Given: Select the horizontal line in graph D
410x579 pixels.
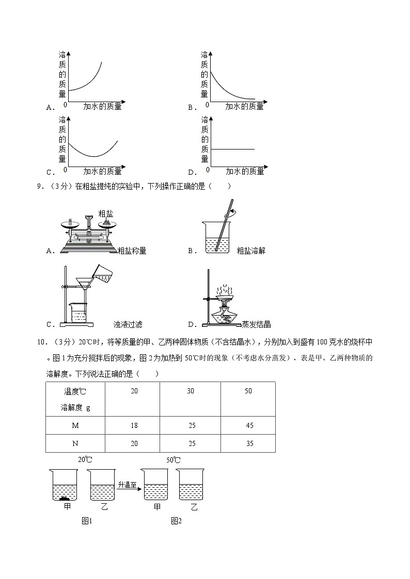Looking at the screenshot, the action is [232, 149].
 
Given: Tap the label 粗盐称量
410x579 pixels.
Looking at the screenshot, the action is [132, 251].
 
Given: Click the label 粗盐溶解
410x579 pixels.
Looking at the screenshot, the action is [250, 251].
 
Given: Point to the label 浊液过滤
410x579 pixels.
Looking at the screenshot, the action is [128, 324].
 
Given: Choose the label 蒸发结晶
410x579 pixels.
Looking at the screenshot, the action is [256, 324].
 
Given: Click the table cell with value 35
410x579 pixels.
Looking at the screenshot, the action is [248, 443].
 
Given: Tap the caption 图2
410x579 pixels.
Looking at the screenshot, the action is [177, 521].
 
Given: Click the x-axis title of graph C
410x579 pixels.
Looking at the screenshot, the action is [102, 171].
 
